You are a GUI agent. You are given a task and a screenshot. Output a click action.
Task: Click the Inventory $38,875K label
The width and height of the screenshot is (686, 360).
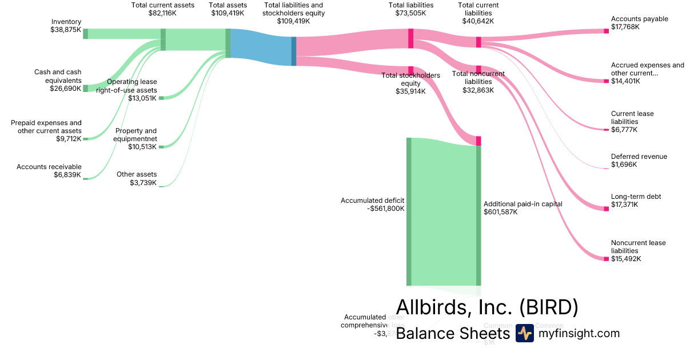(65, 26)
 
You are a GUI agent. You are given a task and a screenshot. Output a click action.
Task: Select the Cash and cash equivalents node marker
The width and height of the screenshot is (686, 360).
(85, 89)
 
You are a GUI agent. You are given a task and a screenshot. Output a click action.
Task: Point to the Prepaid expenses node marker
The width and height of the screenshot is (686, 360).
(85, 138)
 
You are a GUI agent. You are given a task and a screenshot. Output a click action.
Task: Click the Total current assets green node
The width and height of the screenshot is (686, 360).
(163, 40)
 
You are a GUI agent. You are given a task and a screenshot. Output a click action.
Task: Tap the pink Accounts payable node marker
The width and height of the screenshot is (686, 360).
(607, 31)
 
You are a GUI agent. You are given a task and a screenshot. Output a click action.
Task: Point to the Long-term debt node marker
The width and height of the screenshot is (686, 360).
(607, 209)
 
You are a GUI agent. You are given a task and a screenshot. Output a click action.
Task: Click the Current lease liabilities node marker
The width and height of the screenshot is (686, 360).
(607, 130)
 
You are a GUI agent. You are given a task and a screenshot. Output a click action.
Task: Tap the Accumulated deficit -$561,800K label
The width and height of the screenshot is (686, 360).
(373, 205)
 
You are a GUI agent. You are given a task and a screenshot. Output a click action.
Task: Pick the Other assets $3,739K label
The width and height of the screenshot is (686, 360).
(137, 178)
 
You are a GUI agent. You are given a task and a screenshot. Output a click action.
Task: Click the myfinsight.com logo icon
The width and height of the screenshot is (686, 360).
(524, 333)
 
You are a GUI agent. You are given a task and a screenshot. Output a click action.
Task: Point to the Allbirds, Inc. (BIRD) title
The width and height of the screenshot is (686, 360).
(487, 307)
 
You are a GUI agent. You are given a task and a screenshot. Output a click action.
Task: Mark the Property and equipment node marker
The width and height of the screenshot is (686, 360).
(161, 147)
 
